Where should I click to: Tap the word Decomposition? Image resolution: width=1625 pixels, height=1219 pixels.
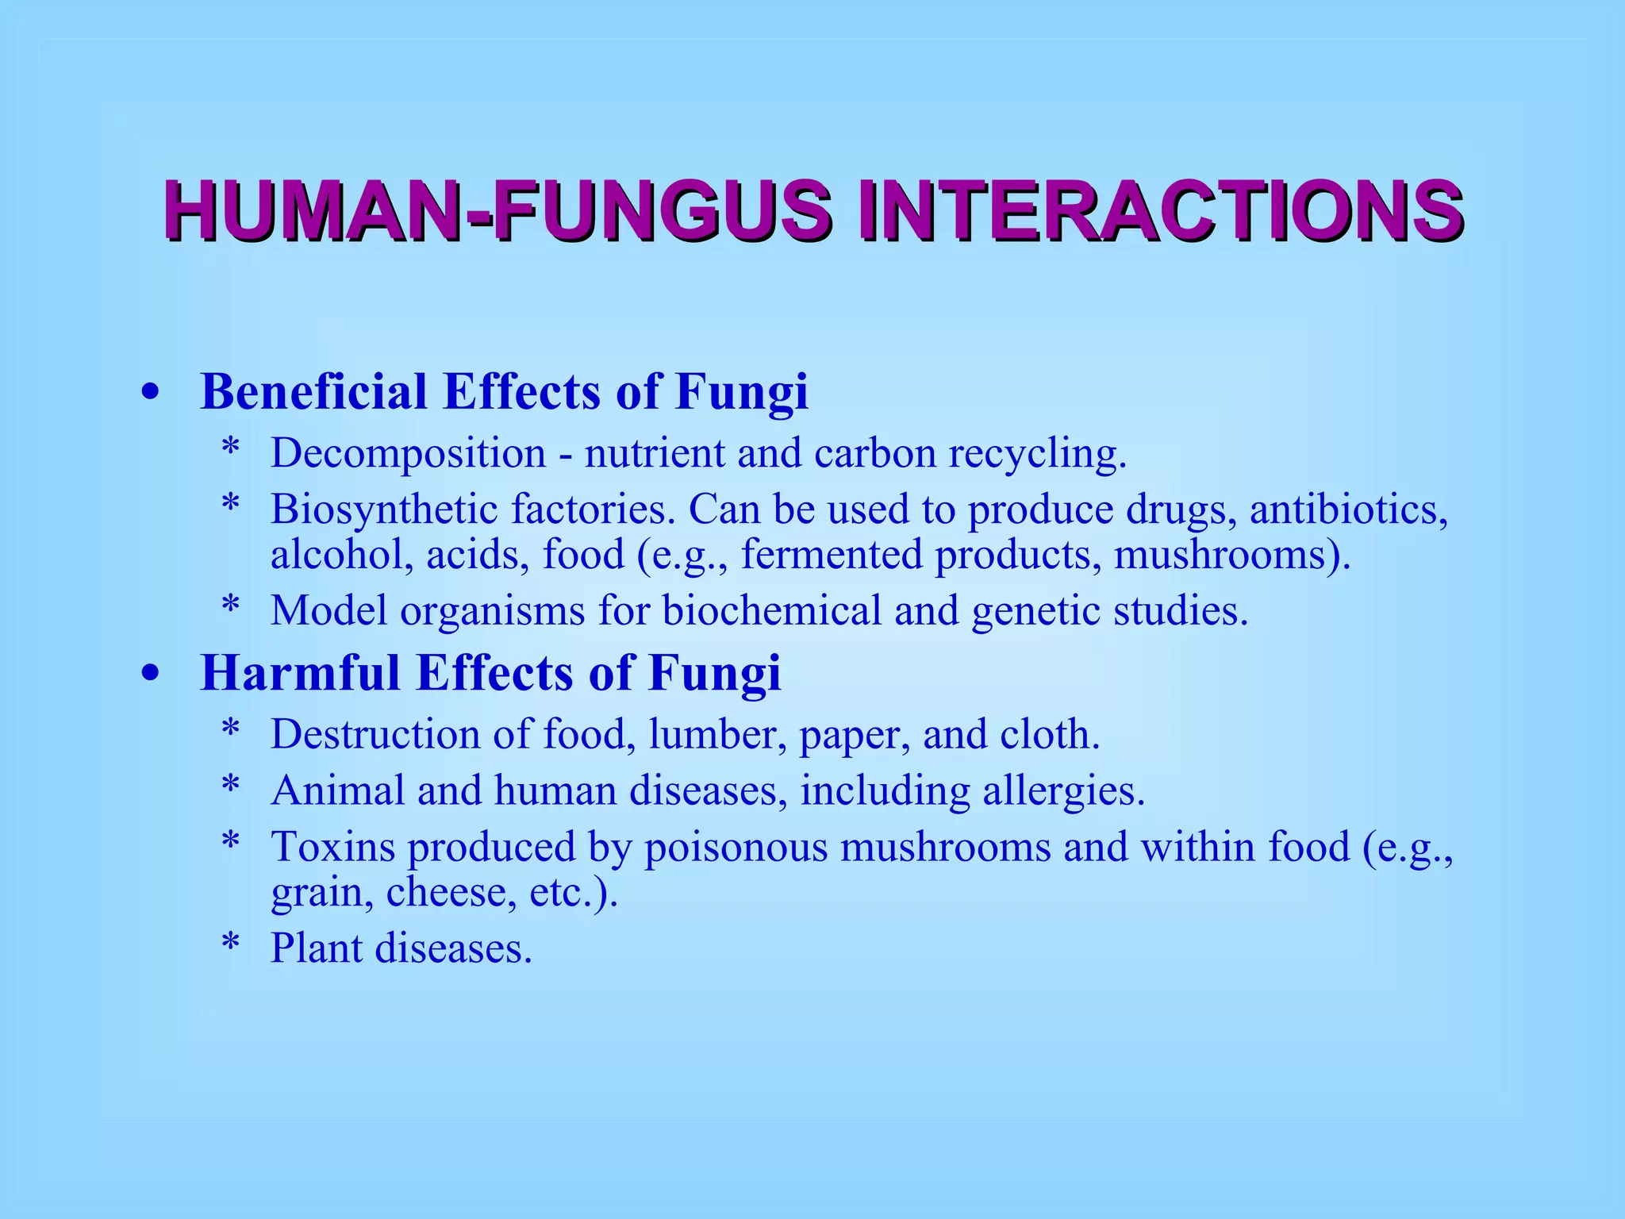click(x=409, y=454)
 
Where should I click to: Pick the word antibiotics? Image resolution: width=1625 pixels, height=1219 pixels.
click(x=1349, y=510)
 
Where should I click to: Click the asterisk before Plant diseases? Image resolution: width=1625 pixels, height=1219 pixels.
click(x=231, y=945)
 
